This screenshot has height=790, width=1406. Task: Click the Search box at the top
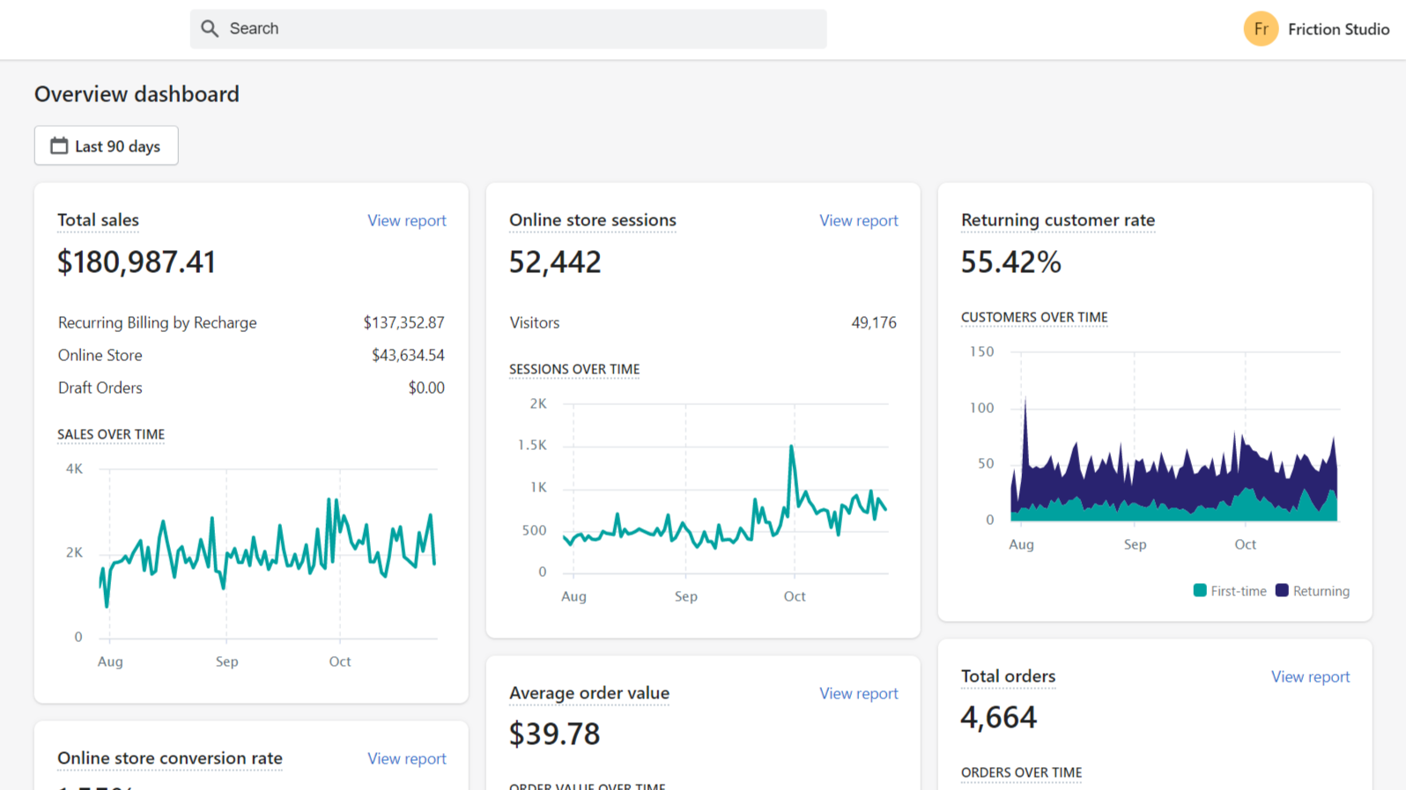pyautogui.click(x=508, y=29)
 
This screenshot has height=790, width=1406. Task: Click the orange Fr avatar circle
pyautogui.click(x=1261, y=29)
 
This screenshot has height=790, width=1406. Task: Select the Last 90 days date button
pyautogui.click(x=107, y=145)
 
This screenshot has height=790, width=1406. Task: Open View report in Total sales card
pyautogui.click(x=406, y=220)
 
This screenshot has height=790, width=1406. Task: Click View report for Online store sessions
pyautogui.click(x=858, y=220)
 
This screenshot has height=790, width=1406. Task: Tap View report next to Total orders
pyautogui.click(x=1310, y=676)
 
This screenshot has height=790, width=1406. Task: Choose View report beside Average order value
pyautogui.click(x=858, y=693)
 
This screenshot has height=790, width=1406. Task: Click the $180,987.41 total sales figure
pyautogui.click(x=137, y=262)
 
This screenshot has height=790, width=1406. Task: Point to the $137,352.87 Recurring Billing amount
pyautogui.click(x=403, y=322)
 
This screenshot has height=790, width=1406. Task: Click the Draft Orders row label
pyautogui.click(x=100, y=388)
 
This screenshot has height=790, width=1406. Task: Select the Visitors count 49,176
pyautogui.click(x=873, y=322)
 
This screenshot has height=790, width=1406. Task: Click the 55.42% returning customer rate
pyautogui.click(x=1010, y=262)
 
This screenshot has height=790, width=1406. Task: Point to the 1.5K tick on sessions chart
pyautogui.click(x=532, y=446)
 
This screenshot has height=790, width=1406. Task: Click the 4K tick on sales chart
pyautogui.click(x=74, y=469)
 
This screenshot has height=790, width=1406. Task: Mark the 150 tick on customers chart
pyautogui.click(x=981, y=351)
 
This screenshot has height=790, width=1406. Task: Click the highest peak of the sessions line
pyautogui.click(x=791, y=447)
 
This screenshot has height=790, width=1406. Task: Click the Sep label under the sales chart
pyautogui.click(x=226, y=661)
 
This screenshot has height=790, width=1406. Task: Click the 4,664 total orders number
pyautogui.click(x=998, y=717)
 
